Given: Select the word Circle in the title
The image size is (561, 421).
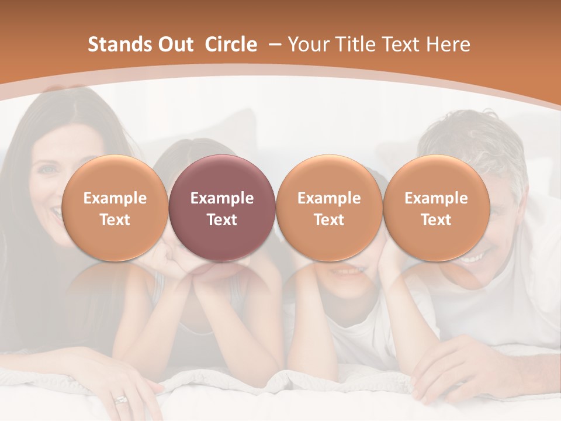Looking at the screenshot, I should point(231,44).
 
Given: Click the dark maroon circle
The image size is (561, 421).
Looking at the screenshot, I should point(222,208).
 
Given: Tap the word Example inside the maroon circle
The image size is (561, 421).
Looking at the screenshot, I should point(222,198).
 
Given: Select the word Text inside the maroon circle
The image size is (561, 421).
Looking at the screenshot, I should point(222,220).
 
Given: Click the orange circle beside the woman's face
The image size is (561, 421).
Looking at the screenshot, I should point(115,208).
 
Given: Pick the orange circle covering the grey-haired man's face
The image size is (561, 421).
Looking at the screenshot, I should point(436,208).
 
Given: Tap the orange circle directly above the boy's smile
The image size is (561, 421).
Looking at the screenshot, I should point(329,208).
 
